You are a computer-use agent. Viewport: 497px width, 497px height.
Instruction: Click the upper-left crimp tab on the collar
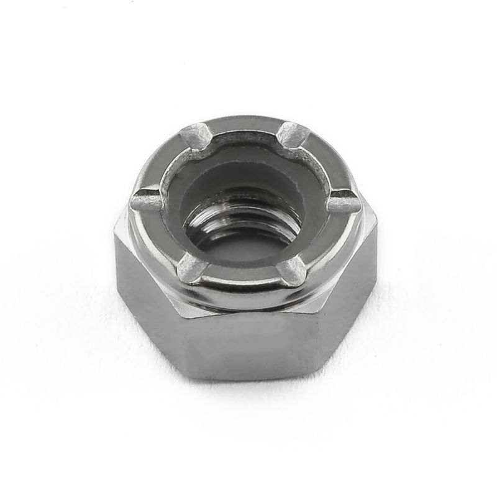click(x=198, y=133)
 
